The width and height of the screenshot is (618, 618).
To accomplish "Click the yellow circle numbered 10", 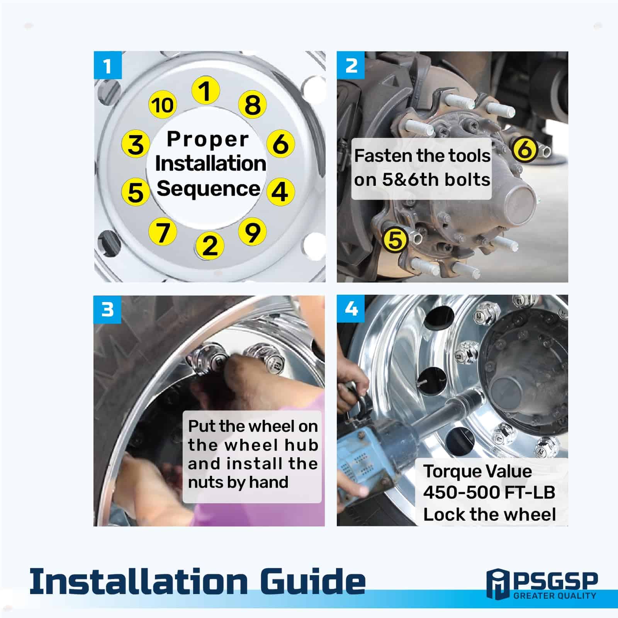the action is click(163, 105).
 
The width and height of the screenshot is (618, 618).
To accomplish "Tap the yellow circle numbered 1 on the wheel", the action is click(206, 91).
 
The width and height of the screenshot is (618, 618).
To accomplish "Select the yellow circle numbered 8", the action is click(253, 105).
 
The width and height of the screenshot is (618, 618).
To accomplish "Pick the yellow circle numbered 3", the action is click(136, 144).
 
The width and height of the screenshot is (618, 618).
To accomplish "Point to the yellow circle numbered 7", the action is click(163, 232).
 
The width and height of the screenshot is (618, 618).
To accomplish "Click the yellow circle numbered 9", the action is click(253, 232).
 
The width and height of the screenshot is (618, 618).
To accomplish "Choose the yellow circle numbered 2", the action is click(210, 245).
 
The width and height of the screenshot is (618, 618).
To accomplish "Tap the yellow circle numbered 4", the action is click(280, 191).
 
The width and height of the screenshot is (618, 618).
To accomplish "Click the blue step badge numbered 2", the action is click(351, 65).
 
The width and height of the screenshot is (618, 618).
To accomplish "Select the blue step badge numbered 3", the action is click(107, 309).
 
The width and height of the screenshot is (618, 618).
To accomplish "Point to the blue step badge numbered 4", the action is click(351, 309).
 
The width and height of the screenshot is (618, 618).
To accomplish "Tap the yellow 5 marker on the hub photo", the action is click(395, 239).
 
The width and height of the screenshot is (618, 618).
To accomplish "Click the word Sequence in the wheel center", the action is click(209, 189).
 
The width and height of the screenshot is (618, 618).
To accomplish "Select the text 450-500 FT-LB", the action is click(489, 492).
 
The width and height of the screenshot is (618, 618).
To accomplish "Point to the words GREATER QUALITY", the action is click(555, 596).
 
